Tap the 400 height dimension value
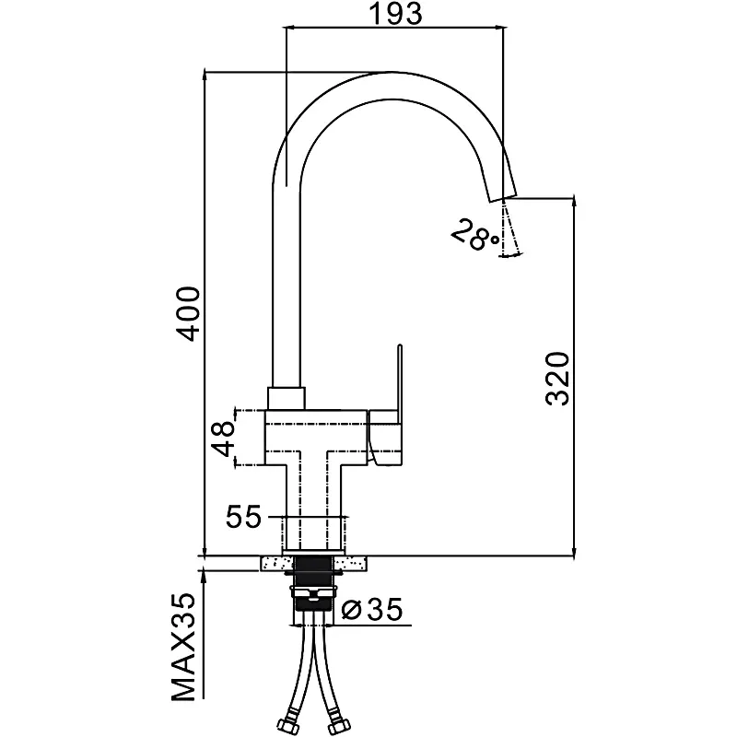(188, 313)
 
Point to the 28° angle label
(474, 236)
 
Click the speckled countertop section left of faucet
(273, 561)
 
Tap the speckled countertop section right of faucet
(360, 561)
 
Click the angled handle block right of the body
(387, 438)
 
